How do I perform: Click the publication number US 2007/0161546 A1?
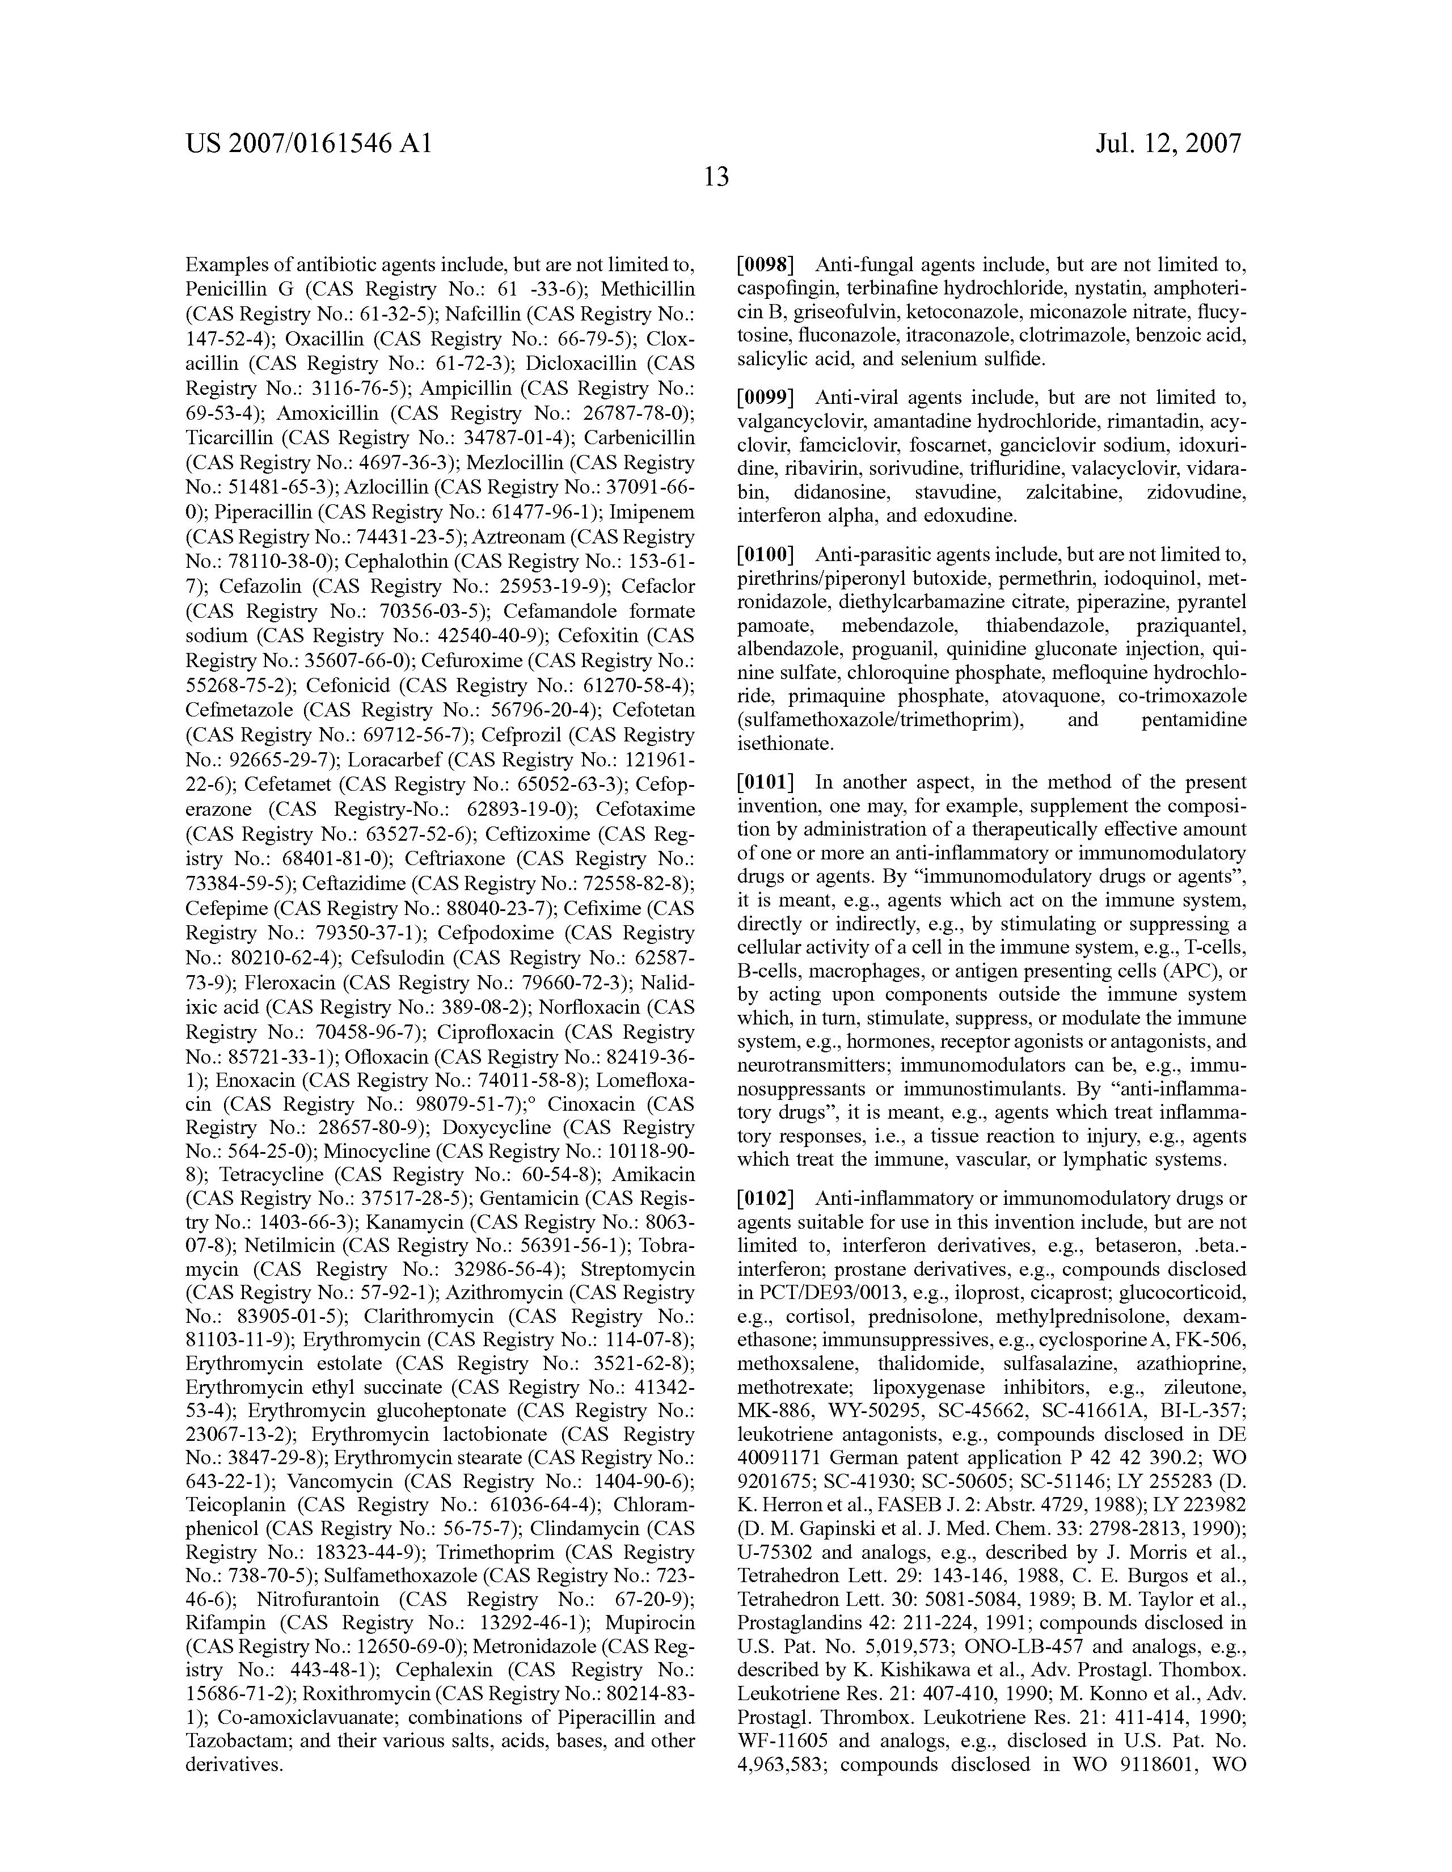[308, 143]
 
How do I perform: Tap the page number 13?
[716, 178]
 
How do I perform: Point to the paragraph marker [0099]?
[766, 398]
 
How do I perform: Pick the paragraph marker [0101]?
[766, 782]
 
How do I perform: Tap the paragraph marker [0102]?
[766, 1198]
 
